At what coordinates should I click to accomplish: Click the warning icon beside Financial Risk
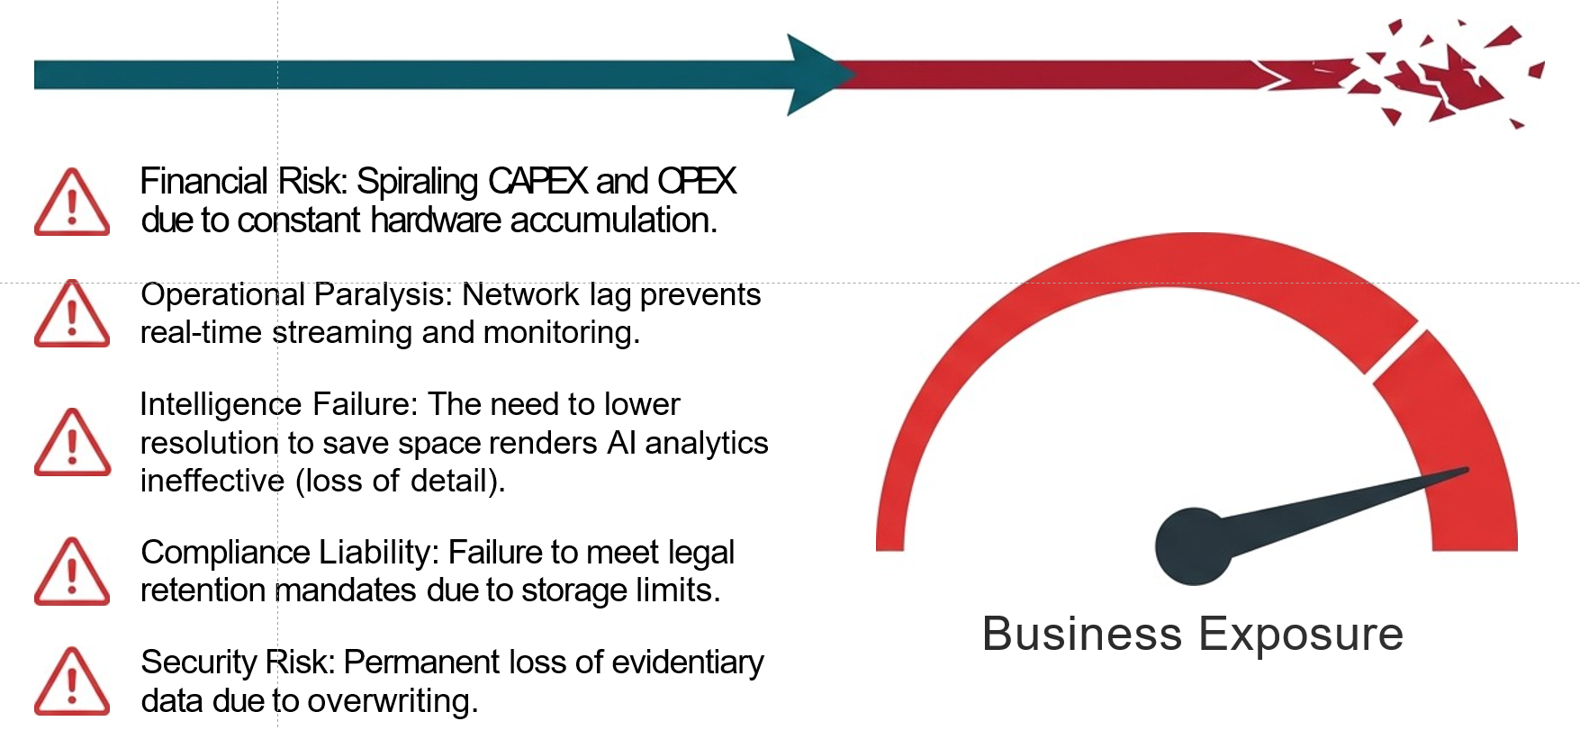click(72, 203)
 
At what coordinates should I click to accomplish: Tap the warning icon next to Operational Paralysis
click(72, 314)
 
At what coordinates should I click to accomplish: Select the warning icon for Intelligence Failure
click(72, 443)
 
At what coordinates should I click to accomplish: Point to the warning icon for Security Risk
click(72, 681)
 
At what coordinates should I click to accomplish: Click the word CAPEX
click(537, 182)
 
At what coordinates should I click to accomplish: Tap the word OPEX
click(697, 182)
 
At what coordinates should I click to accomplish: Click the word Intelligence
click(221, 405)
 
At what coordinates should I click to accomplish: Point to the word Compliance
click(212, 553)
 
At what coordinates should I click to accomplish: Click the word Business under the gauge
click(1081, 635)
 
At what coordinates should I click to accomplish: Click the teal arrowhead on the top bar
click(815, 76)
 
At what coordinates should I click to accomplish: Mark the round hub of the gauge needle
click(1193, 546)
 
